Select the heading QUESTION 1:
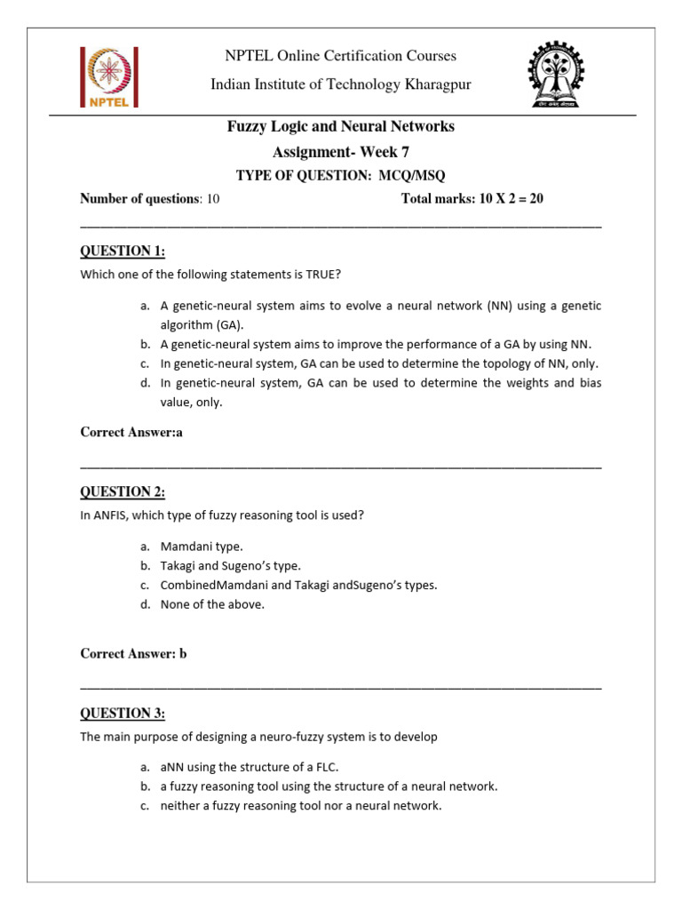123,251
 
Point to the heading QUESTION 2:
123,491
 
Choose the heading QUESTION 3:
123,713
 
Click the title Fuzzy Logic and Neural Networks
341,127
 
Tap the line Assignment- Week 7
341,152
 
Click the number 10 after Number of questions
213,199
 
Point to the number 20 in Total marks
535,199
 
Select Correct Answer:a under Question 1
131,433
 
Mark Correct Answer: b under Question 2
134,654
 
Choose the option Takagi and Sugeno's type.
231,565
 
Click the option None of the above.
213,604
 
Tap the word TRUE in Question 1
320,274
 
